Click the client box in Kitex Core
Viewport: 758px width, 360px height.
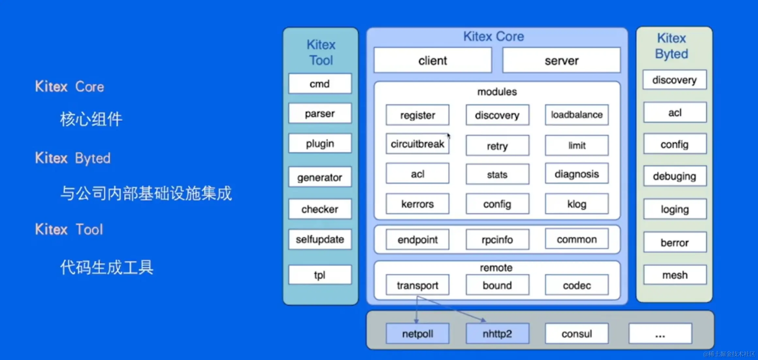pyautogui.click(x=433, y=60)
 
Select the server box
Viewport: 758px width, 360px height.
pyautogui.click(x=561, y=60)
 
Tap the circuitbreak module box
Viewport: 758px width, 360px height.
pyautogui.click(x=417, y=144)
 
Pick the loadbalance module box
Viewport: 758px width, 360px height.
pyautogui.click(x=577, y=115)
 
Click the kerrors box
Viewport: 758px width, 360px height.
pyautogui.click(x=417, y=204)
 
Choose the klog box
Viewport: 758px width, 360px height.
pyautogui.click(x=577, y=204)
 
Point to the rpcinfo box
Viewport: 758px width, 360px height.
pyautogui.click(x=497, y=240)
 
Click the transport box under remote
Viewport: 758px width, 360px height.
pyautogui.click(x=417, y=285)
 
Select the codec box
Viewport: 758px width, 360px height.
pyautogui.click(x=577, y=285)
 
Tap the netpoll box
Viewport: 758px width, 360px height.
pyautogui.click(x=417, y=334)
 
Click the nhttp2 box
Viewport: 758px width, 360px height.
pyautogui.click(x=497, y=334)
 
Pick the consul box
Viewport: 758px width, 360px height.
pyautogui.click(x=577, y=334)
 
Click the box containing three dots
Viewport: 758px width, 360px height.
pyautogui.click(x=660, y=334)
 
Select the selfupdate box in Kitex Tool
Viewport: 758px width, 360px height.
pyautogui.click(x=320, y=239)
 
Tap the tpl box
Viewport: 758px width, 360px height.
pyautogui.click(x=320, y=275)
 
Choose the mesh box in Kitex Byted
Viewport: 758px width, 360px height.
pyautogui.click(x=675, y=275)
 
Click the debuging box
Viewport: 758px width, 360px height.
pyautogui.click(x=675, y=176)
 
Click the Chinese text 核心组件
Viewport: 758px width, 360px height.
pyautogui.click(x=91, y=119)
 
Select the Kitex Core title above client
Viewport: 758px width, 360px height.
pyautogui.click(x=493, y=36)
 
